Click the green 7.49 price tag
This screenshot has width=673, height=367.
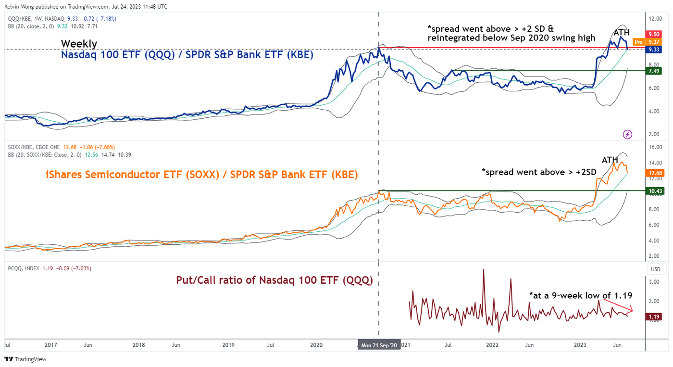tap(654, 71)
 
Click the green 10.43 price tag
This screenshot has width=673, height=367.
tap(654, 191)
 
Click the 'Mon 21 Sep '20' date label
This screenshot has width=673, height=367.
tap(379, 345)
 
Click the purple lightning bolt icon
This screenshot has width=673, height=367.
tap(627, 134)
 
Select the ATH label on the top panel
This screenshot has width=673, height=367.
tap(621, 33)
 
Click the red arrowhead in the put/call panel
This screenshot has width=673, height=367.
tap(632, 311)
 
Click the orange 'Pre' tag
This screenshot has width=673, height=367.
tap(638, 42)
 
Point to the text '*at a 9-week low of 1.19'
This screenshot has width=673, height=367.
tap(580, 295)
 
